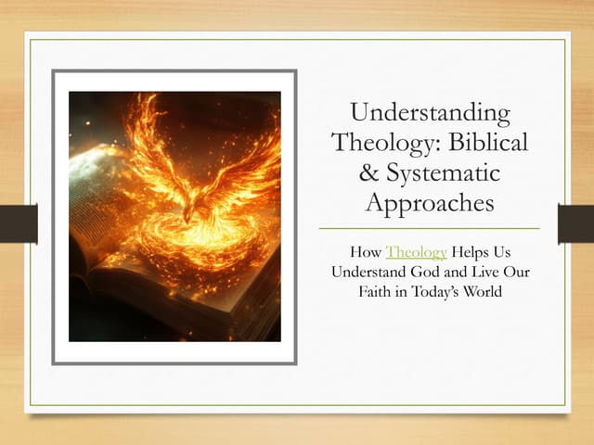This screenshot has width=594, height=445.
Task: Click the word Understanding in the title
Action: point(430,114)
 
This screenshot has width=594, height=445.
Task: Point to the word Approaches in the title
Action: point(429,202)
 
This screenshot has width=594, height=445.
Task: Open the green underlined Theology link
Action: point(417,251)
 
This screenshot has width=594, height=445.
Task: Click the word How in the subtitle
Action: point(367,251)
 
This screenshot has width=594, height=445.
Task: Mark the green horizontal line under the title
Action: point(429,228)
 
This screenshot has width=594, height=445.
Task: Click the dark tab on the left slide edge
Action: point(19,223)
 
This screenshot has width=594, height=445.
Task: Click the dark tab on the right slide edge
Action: point(575,223)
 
